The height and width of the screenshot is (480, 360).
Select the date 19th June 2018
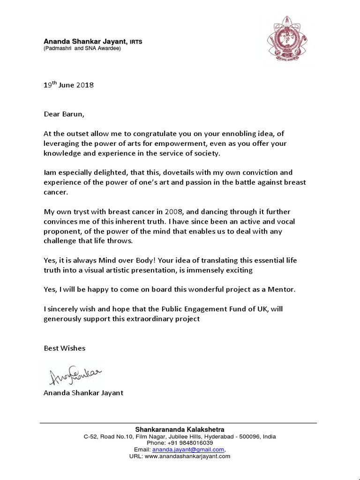tap(69, 85)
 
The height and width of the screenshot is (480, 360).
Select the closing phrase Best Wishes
tap(65, 348)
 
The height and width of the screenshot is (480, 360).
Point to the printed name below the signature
tap(84, 393)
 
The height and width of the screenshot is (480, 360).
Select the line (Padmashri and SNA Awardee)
tap(82, 48)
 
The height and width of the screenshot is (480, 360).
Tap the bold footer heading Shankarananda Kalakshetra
tap(180, 429)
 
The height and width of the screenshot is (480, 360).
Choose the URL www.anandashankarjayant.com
tap(187, 456)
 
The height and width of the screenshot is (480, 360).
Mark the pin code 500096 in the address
tap(249, 436)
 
